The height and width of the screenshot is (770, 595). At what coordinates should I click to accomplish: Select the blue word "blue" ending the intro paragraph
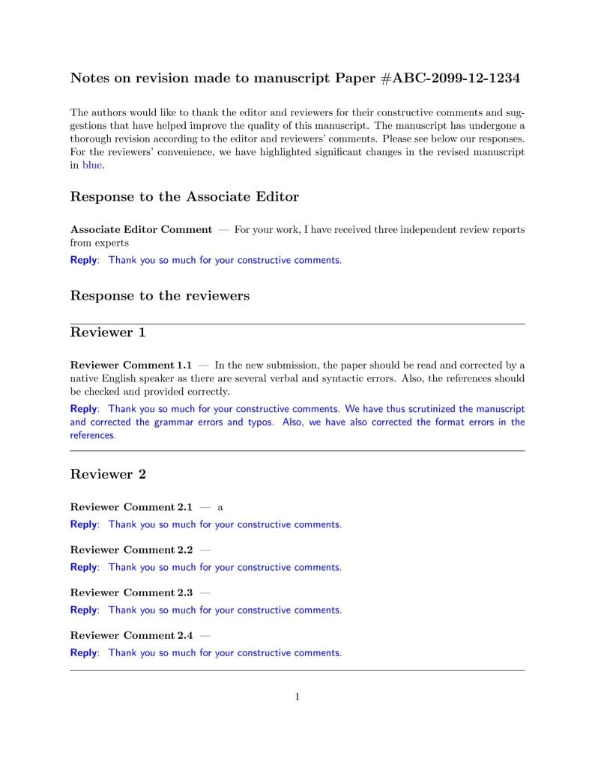point(92,165)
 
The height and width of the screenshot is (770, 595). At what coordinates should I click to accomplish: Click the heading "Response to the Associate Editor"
point(184,197)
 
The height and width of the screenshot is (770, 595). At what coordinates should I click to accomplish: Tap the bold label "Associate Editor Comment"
point(141,229)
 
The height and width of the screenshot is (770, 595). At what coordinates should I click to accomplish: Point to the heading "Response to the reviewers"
point(160,296)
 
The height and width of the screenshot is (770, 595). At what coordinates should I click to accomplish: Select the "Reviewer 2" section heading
point(108,474)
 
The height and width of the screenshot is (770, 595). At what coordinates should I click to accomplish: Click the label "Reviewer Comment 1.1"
point(131,366)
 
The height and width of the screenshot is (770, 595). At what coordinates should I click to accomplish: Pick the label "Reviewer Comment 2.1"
point(131,507)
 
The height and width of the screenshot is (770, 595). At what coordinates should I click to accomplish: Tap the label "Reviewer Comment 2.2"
point(131,550)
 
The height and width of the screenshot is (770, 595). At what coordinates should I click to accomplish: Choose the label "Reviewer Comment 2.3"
point(131,592)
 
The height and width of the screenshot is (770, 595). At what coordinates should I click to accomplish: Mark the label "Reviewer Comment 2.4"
point(131,635)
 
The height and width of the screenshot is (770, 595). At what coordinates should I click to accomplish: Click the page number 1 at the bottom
point(297,697)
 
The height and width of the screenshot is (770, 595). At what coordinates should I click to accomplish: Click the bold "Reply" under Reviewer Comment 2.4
point(83,652)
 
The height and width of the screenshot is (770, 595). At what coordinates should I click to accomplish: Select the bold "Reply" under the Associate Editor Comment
point(83,260)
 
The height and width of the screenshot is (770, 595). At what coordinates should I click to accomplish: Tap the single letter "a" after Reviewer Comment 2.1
point(220,508)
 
